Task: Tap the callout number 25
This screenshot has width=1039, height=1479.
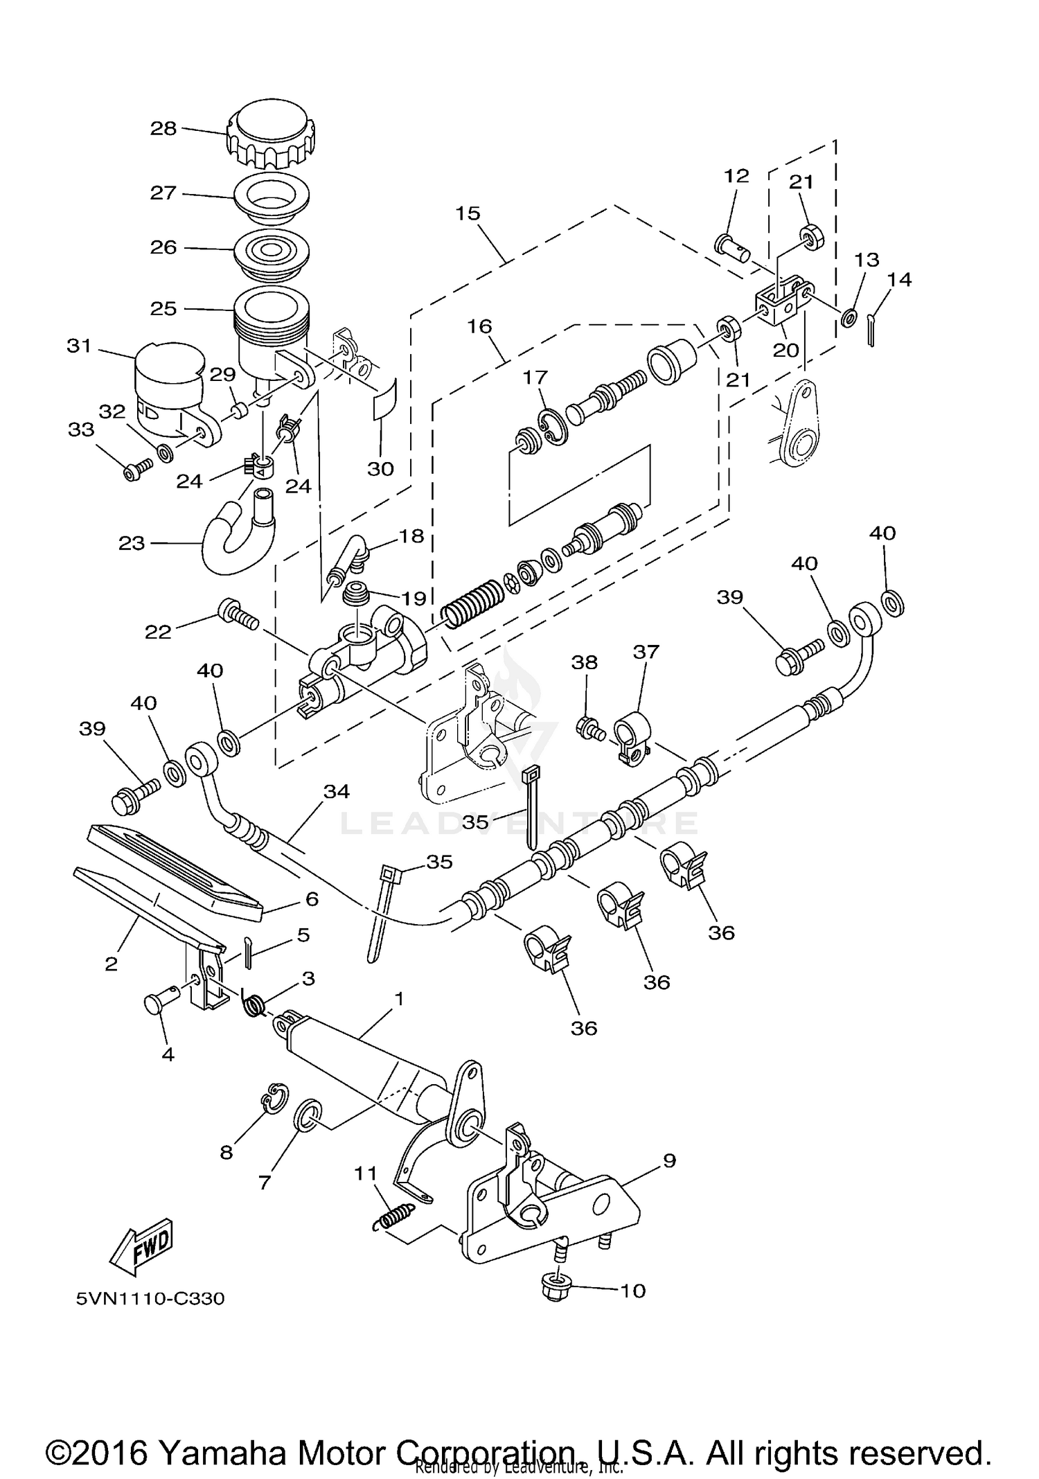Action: [163, 308]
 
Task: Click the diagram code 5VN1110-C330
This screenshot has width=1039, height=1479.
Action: [150, 1298]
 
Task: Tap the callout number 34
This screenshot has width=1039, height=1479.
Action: [337, 791]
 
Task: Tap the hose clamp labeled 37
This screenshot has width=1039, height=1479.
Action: [631, 738]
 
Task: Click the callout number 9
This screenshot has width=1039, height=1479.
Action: [668, 1160]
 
